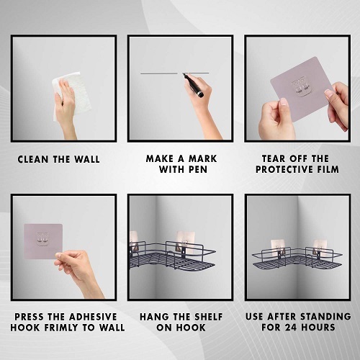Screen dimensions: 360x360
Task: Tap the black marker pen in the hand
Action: [194, 85]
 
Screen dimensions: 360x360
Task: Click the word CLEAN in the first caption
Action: [33, 159]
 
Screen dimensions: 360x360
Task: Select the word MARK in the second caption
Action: [202, 158]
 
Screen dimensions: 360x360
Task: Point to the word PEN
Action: [198, 169]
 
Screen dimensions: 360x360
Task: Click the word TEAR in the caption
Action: [273, 158]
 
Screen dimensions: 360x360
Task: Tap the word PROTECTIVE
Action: [284, 169]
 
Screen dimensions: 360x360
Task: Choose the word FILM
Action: [328, 169]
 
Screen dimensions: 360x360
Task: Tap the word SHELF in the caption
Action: [209, 317]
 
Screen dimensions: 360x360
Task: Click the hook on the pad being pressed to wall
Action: [42, 239]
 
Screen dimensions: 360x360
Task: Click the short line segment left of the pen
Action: [159, 73]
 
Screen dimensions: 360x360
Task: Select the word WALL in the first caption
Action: [86, 159]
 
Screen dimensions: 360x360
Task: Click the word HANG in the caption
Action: [153, 317]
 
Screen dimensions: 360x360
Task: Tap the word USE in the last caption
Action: [255, 317]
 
